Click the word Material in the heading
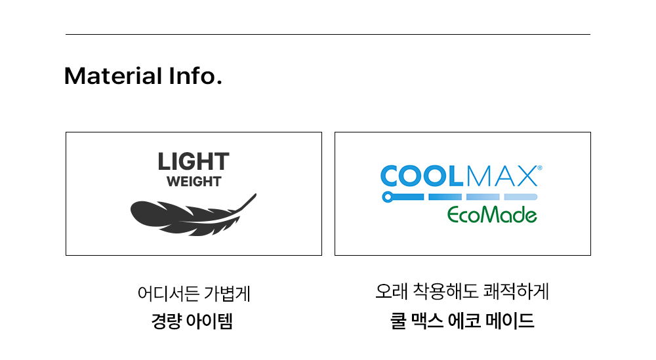(110, 76)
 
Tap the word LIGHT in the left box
(194, 162)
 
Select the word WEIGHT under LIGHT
(194, 182)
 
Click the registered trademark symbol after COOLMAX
(539, 168)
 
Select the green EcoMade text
(492, 214)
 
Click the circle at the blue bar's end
(387, 197)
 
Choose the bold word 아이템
(210, 322)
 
